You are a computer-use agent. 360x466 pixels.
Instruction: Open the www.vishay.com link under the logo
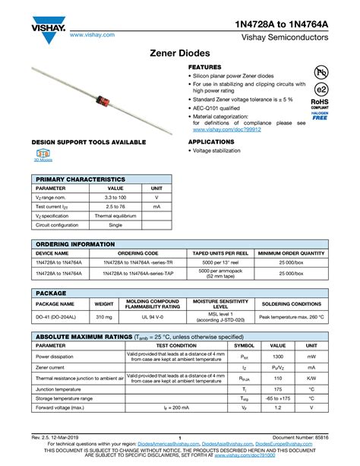pyautogui.click(x=92, y=34)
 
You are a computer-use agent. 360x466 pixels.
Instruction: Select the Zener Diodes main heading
pyautogui.click(x=180, y=55)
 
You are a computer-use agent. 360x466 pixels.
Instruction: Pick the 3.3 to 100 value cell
pyautogui.click(x=115, y=197)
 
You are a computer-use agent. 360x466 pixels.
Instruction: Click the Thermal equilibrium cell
pyautogui.click(x=115, y=216)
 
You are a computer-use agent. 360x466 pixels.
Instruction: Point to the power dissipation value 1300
pyautogui.click(x=278, y=356)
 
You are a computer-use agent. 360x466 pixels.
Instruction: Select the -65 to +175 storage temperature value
pyautogui.click(x=278, y=398)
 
